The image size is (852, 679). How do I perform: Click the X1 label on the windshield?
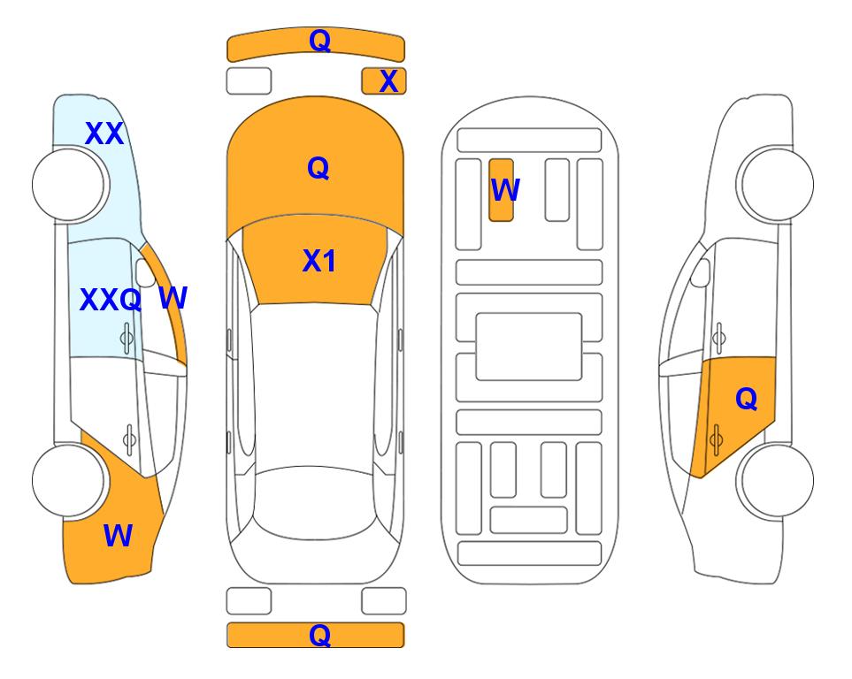coord(319,261)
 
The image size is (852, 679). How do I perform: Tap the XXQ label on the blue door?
coord(111,300)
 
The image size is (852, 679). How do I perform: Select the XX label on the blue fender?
coord(104,134)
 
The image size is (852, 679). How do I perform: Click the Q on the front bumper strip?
coord(319,41)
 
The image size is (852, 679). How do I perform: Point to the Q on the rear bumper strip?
coord(319,635)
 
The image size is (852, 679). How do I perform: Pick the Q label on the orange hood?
coord(318,168)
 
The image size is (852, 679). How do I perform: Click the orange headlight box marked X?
coord(384,81)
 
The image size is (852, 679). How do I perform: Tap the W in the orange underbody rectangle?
coord(505,189)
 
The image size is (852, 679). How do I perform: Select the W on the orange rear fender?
coord(118,536)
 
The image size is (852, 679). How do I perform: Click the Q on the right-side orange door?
coord(746,399)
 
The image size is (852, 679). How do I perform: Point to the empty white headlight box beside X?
coord(249,81)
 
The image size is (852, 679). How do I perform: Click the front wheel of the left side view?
coord(69,185)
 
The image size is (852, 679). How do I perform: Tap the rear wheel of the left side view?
coord(69,481)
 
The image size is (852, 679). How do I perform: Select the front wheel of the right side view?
coord(777,185)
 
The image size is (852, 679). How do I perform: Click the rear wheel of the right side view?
coord(777,481)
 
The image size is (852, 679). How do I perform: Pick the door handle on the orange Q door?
coord(716,439)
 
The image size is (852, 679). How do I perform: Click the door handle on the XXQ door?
coord(127,339)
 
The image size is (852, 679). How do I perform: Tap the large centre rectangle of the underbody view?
coord(529,347)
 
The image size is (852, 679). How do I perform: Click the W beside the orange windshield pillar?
coord(173,298)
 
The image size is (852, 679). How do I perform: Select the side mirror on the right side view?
coord(700,273)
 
